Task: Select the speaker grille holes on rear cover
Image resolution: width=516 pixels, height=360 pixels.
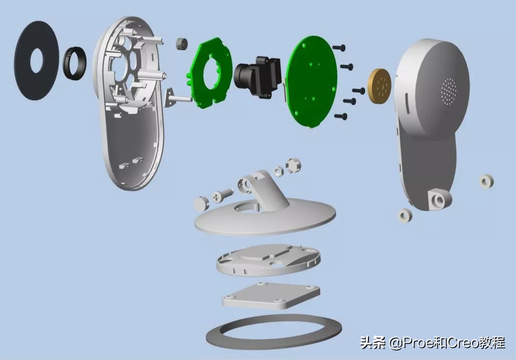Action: click(449, 91)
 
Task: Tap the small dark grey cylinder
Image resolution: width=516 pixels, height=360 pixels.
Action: click(182, 44)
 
